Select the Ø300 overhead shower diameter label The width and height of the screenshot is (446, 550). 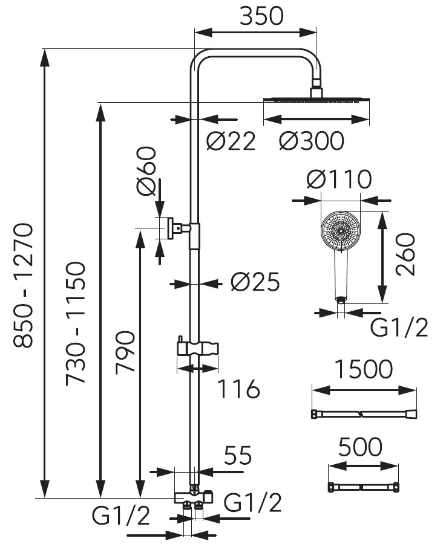312,141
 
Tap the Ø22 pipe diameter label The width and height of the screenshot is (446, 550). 231,141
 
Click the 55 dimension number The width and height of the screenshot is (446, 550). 237,456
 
